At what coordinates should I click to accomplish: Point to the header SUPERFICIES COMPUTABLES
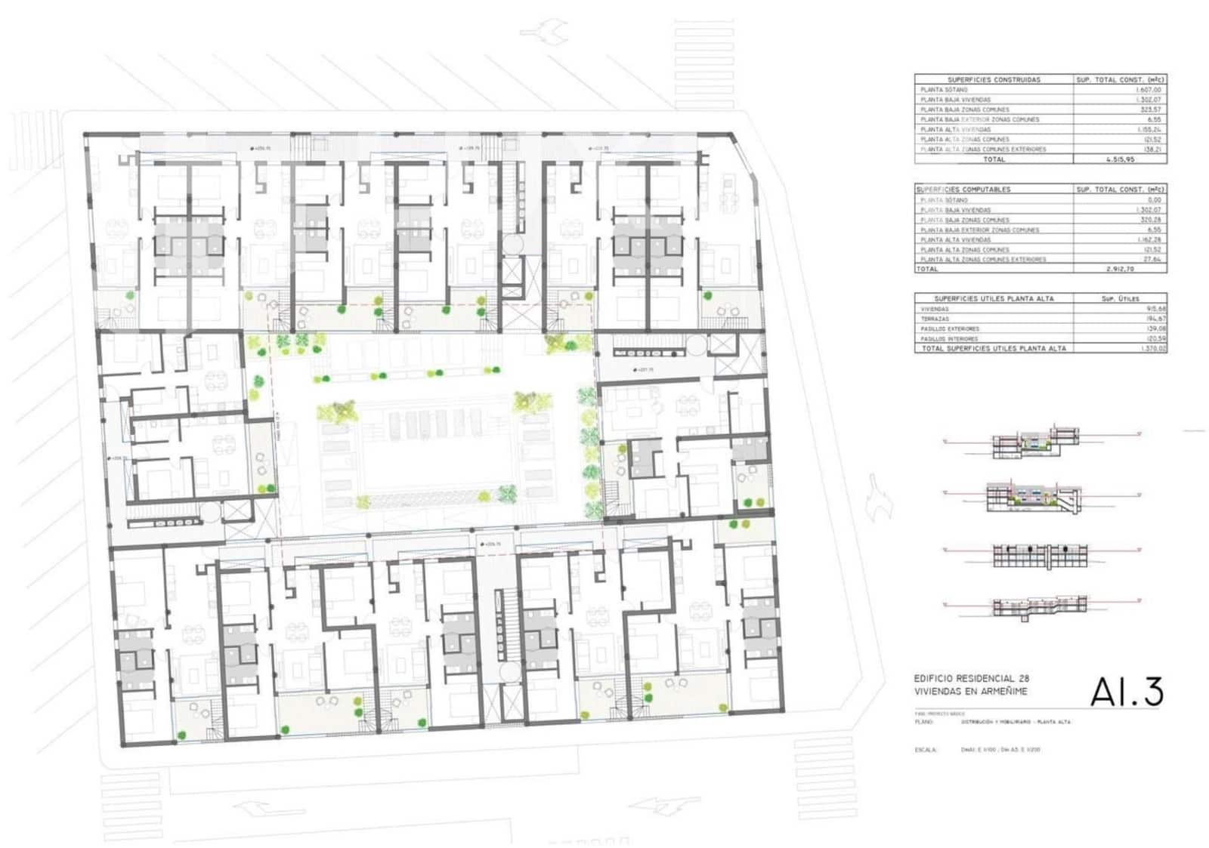pos(963,189)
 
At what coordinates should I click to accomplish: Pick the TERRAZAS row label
pos(935,319)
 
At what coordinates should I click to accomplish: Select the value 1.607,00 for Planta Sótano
pos(1148,90)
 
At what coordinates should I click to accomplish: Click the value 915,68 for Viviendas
pos(1155,309)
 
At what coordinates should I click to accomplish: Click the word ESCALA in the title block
pos(925,750)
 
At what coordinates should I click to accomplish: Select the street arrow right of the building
pos(879,498)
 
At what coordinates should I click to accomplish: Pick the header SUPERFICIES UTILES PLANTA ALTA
pos(994,298)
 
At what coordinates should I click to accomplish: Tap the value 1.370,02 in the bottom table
pos(1155,349)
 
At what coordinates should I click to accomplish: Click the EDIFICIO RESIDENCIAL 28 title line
pos(971,679)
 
